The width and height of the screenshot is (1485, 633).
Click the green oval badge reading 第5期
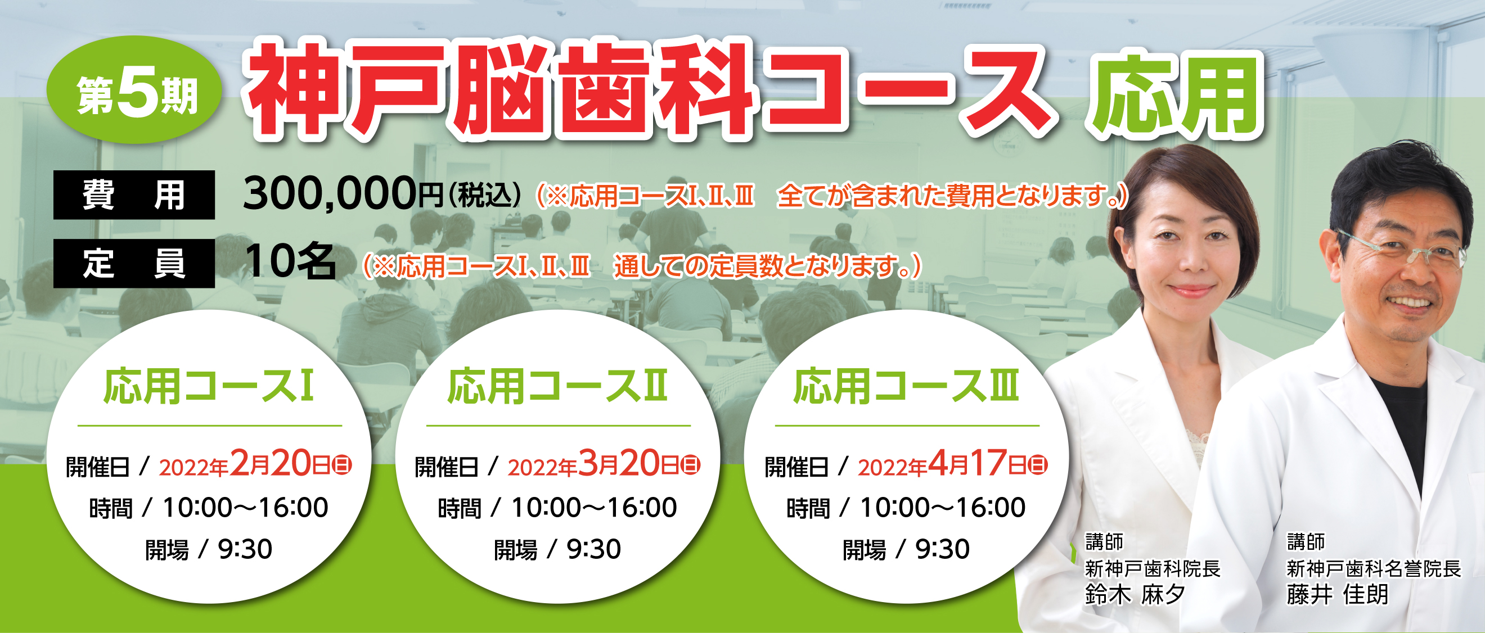point(134,90)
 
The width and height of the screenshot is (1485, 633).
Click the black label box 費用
point(134,195)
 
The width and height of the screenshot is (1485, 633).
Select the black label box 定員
point(134,263)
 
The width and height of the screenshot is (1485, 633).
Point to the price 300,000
point(329,194)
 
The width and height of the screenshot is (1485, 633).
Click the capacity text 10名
point(290,261)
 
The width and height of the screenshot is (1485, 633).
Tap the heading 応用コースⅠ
point(209,386)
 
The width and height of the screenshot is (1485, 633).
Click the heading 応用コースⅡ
point(557,386)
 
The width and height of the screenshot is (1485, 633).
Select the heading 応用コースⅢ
point(906,386)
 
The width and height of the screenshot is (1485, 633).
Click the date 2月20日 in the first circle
point(280,464)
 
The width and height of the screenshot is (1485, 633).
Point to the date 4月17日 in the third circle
point(978,464)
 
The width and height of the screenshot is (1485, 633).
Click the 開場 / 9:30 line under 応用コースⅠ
point(209,549)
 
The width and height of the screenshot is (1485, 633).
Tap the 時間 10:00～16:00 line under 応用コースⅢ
point(906,508)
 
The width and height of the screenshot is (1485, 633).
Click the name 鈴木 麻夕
point(1135,594)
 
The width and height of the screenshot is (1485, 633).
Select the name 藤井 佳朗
point(1338,594)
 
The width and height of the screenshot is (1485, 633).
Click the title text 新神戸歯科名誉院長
point(1374,569)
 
